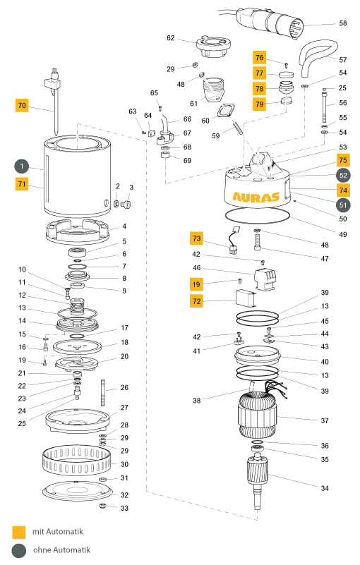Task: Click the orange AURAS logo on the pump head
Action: (256, 197)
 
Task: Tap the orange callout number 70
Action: (22, 105)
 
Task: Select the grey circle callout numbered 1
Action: (22, 166)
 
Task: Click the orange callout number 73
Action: (197, 238)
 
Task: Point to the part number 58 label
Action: (342, 23)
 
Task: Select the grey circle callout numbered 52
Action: (343, 176)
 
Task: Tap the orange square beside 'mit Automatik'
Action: (19, 533)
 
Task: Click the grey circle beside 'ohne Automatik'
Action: (19, 551)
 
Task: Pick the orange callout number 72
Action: (197, 301)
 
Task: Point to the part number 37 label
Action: (325, 420)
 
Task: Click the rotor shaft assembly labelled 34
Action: (258, 483)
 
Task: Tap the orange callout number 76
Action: (259, 58)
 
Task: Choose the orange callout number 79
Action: (259, 104)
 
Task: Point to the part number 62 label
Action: (171, 38)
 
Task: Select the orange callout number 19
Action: (197, 284)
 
